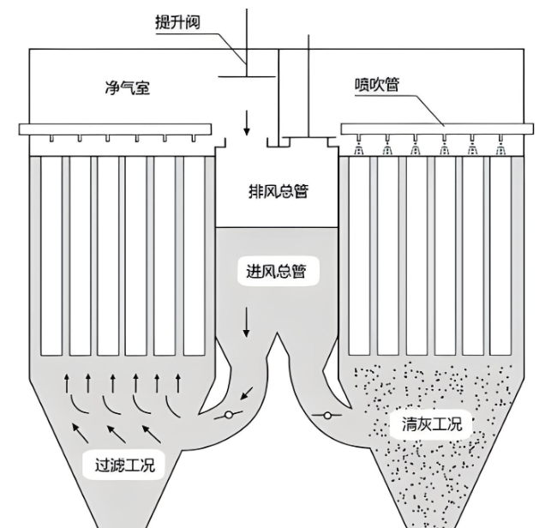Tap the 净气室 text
[x=126, y=87]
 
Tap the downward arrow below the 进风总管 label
[x=249, y=322]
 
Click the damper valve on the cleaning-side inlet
[x=327, y=416]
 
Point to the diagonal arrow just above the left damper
[x=247, y=394]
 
